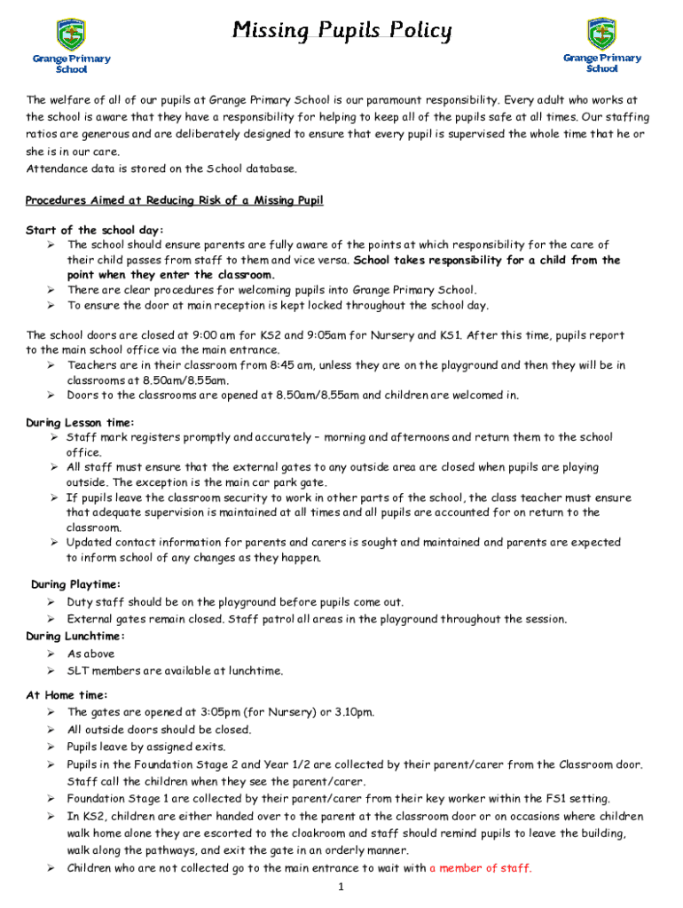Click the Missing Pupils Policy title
341,32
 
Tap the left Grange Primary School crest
71,35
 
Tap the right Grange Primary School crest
602,34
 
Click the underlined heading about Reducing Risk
175,200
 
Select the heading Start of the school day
82,231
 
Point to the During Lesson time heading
80,422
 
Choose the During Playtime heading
76,584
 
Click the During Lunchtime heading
75,636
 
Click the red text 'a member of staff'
480,868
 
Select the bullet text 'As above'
91,654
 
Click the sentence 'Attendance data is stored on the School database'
161,168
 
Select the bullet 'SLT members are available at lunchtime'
175,670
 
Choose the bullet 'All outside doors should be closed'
159,730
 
